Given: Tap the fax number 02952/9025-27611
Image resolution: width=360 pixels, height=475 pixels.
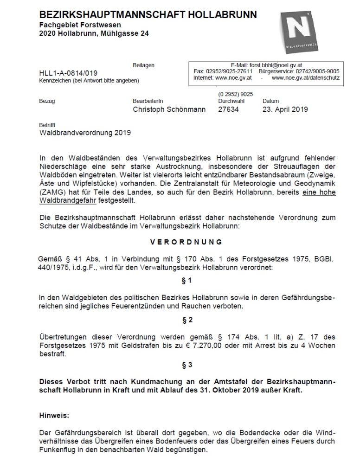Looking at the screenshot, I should click(229, 72).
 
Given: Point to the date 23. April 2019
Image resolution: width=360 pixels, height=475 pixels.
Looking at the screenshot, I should click(285, 110).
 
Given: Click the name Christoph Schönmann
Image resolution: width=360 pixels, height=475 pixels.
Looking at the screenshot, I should click(169, 110).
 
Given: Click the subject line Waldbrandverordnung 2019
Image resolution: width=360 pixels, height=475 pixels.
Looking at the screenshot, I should click(86, 133).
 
